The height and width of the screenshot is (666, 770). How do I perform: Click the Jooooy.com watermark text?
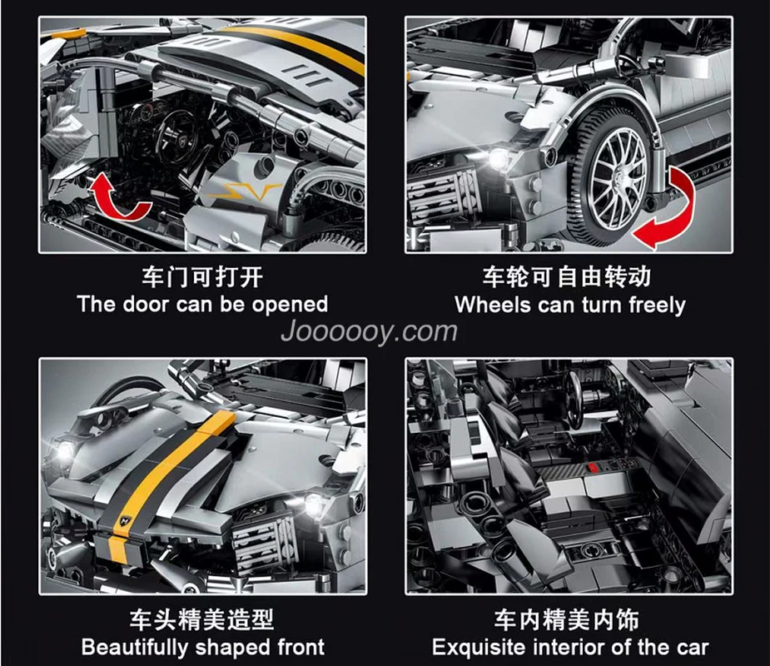pyautogui.click(x=369, y=331)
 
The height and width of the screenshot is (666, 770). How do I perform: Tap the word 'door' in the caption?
pyautogui.click(x=147, y=304)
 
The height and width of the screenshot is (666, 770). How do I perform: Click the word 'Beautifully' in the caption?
pyautogui.click(x=135, y=647)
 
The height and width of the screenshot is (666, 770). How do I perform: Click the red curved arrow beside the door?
pyautogui.click(x=120, y=196)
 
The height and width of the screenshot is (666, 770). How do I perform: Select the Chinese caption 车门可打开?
pyautogui.click(x=202, y=277)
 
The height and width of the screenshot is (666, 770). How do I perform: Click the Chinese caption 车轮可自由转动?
pyautogui.click(x=567, y=276)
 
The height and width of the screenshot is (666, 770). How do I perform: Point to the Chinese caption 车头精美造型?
pyautogui.click(x=201, y=619)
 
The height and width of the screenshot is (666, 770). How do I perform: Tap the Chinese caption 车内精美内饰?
pyautogui.click(x=567, y=619)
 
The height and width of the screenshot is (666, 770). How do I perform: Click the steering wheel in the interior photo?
pyautogui.click(x=573, y=398)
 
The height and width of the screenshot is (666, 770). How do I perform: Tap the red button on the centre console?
pyautogui.click(x=594, y=468)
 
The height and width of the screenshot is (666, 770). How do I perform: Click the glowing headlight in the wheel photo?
pyautogui.click(x=499, y=158)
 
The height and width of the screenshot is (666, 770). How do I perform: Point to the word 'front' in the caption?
pyautogui.click(x=301, y=647)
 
